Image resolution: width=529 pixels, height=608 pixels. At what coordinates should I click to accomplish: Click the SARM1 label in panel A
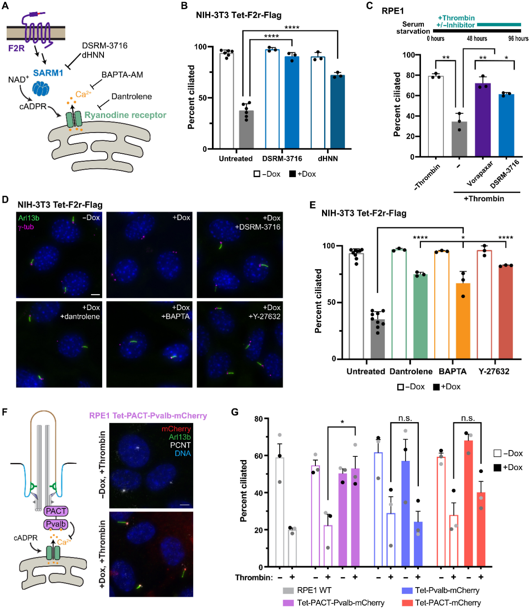click(x=48, y=73)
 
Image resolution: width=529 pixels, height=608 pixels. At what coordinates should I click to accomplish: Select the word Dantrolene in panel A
click(x=131, y=97)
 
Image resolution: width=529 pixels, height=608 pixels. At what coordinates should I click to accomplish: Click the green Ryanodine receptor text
click(x=125, y=115)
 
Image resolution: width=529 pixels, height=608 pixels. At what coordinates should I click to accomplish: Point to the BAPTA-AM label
click(x=122, y=75)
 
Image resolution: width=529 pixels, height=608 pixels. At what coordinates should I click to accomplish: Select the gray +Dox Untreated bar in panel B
click(x=246, y=130)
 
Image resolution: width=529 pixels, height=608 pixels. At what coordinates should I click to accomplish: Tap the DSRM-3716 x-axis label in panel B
click(x=282, y=159)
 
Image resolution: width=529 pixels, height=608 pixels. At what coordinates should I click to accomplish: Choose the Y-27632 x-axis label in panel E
click(x=494, y=371)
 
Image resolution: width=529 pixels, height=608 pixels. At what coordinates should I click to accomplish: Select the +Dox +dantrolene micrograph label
click(x=80, y=312)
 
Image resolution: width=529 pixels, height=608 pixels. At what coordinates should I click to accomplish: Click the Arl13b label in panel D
click(x=29, y=218)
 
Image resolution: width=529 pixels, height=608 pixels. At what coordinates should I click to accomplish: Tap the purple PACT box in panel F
click(x=56, y=511)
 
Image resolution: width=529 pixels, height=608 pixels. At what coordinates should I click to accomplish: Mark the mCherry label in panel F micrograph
click(x=176, y=429)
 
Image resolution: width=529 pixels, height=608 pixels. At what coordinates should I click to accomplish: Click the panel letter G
click(x=235, y=412)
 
